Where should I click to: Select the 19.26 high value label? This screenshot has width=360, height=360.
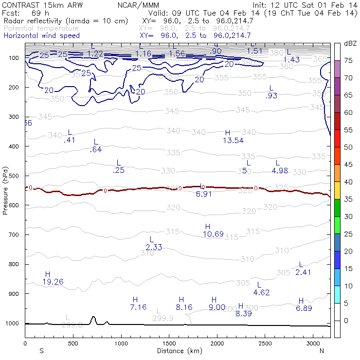[x=54, y=282]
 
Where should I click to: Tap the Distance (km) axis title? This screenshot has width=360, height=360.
[x=178, y=350]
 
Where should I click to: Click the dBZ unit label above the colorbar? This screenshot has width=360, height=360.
[x=350, y=43]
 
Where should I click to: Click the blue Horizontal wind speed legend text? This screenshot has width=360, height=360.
[x=41, y=36]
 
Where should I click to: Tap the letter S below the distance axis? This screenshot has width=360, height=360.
[x=41, y=350]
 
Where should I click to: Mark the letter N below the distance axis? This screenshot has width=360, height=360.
[x=322, y=350]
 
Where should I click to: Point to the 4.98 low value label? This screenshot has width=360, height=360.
[x=281, y=170]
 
